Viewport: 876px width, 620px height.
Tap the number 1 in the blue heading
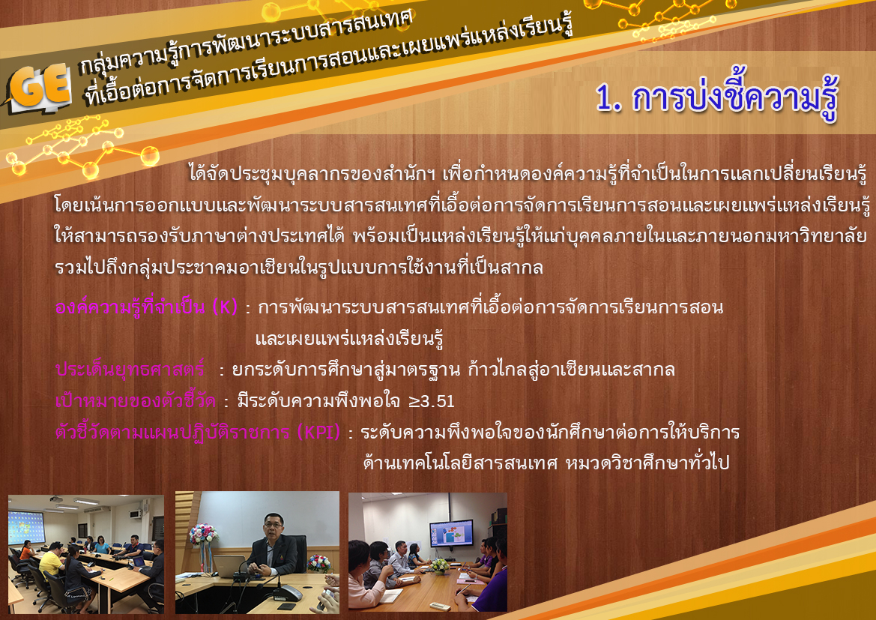pyautogui.click(x=603, y=98)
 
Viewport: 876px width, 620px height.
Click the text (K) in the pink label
pyautogui.click(x=225, y=307)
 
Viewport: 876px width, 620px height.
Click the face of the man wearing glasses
pyautogui.click(x=274, y=526)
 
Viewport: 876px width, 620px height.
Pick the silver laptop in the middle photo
pyautogui.click(x=229, y=566)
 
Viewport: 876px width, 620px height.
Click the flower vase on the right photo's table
pyautogui.click(x=440, y=566)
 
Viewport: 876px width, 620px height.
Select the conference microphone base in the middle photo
pyautogui.click(x=289, y=592)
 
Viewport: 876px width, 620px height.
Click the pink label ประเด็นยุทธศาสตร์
pyautogui.click(x=130, y=370)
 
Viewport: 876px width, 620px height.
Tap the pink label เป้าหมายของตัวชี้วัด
pyautogui.click(x=136, y=401)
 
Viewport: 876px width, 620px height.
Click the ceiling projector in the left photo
pyautogui.click(x=56, y=499)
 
